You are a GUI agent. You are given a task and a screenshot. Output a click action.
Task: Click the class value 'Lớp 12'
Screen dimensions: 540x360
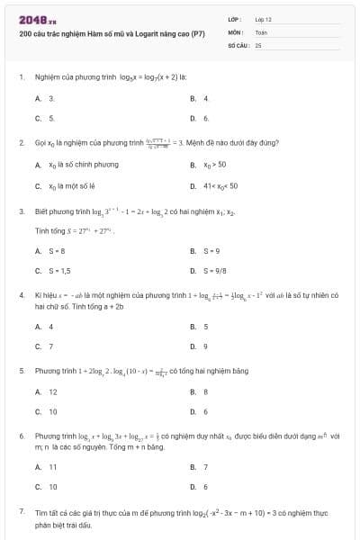pyautogui.click(x=262, y=19)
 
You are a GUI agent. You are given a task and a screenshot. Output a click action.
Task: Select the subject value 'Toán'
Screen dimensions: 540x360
pyautogui.click(x=261, y=31)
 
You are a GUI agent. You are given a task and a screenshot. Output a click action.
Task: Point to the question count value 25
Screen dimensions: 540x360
pyautogui.click(x=258, y=44)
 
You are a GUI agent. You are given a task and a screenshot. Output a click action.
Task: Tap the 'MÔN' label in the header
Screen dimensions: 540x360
pyautogui.click(x=236, y=31)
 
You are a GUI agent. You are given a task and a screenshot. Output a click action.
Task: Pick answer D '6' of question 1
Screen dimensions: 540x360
pyautogui.click(x=206, y=118)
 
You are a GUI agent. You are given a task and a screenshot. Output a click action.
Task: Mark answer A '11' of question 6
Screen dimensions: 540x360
pyautogui.click(x=52, y=467)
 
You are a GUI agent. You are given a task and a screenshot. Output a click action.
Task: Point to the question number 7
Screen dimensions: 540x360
pyautogui.click(x=21, y=511)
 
